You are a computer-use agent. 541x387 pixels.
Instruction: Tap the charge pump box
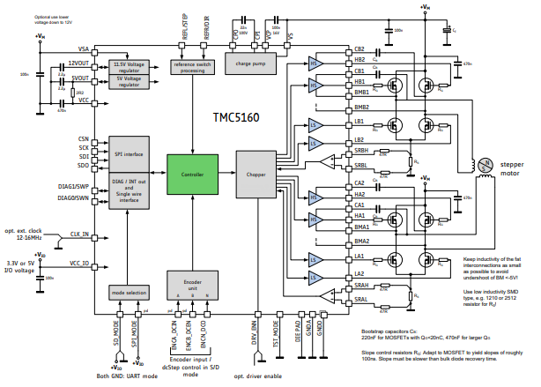point(250,63)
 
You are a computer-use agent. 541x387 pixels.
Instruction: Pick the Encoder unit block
point(191,285)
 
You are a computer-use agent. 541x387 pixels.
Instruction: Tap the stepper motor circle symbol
point(483,164)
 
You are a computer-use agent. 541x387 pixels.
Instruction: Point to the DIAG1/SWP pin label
point(74,187)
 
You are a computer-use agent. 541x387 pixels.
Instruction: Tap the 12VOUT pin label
point(78,64)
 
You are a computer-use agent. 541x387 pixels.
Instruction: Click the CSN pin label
point(83,138)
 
